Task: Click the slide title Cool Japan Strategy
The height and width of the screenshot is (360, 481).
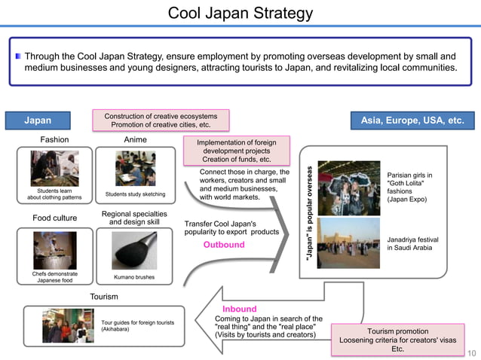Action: coord(240,14)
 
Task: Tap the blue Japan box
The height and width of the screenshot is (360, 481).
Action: coord(38,121)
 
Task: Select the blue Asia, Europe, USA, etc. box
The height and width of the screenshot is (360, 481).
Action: coord(412,121)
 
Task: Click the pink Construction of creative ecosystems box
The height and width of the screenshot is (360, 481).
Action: coord(161,120)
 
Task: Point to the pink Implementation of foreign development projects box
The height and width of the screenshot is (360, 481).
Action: coord(239,151)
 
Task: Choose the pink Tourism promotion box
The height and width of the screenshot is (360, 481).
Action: coord(398,340)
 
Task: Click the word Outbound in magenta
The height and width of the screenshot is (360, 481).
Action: coord(224,245)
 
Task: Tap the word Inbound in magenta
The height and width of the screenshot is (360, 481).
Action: coord(239,309)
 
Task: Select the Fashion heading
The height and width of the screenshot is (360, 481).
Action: coord(54,139)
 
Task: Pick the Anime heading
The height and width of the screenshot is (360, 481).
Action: coord(135,139)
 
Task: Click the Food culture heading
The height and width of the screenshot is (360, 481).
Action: coord(55,218)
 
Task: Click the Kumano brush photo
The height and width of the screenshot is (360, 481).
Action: coord(134,250)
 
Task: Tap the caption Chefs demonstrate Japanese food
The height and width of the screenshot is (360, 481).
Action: coord(55,277)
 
